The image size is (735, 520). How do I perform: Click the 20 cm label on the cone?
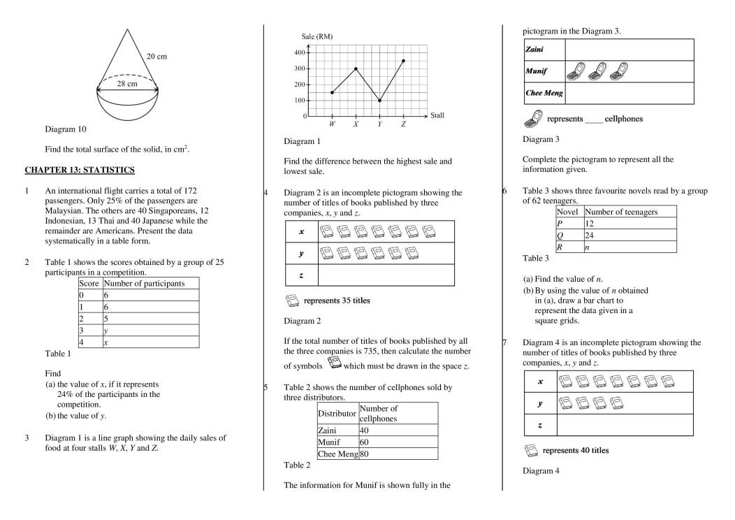pyautogui.click(x=157, y=56)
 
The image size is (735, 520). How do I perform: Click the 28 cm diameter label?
pyautogui.click(x=127, y=84)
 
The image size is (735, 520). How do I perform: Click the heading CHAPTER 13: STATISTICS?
pyautogui.click(x=80, y=170)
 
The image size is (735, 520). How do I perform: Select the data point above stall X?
pyautogui.click(x=356, y=68)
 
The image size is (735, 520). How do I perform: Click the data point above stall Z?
pyautogui.click(x=403, y=61)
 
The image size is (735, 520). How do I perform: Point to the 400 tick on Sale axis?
pyautogui.click(x=299, y=52)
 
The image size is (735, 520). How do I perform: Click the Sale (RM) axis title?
pyautogui.click(x=316, y=36)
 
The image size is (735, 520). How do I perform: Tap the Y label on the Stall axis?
pyautogui.click(x=379, y=124)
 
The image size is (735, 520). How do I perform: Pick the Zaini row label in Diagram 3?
pyautogui.click(x=534, y=50)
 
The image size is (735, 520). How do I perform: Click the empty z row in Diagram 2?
pyautogui.click(x=386, y=275)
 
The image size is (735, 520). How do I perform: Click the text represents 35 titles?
pyautogui.click(x=337, y=301)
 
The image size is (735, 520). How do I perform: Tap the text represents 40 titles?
pyautogui.click(x=575, y=450)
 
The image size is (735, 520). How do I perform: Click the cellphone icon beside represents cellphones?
pyautogui.click(x=533, y=118)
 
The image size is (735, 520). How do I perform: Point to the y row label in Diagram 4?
pyautogui.click(x=540, y=403)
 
